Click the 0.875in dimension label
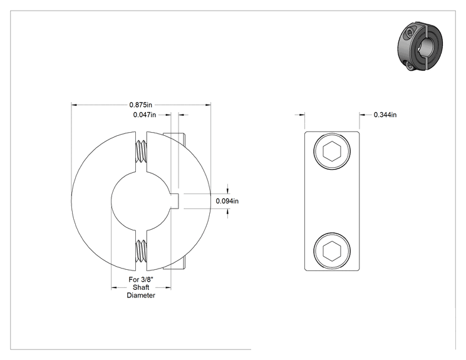point(140,105)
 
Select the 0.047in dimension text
point(145,115)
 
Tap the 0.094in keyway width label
point(227,201)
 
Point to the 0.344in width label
point(385,115)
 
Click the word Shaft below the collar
point(141,287)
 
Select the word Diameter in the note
point(141,296)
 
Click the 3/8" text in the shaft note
point(147,279)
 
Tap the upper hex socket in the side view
point(332,151)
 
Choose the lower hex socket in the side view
point(332,251)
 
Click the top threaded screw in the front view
point(141,151)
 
